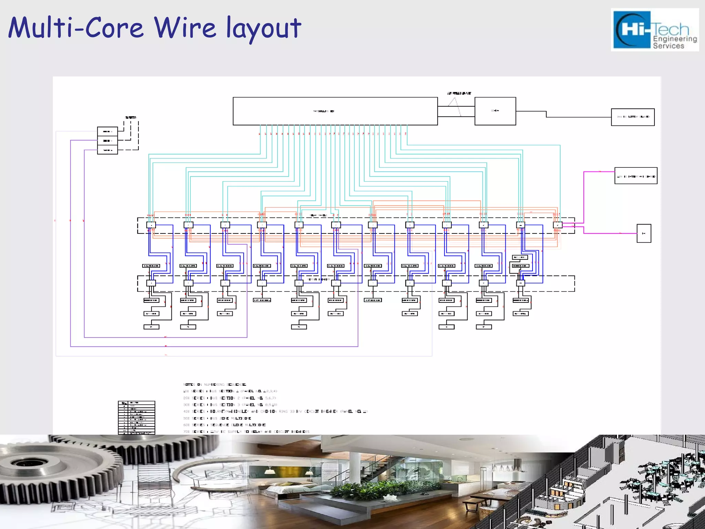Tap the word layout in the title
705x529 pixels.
point(264,28)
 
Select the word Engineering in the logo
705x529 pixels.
point(675,39)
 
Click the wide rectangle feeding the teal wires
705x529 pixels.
point(335,111)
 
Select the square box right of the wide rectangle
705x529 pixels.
point(495,111)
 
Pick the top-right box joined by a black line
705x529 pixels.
point(633,117)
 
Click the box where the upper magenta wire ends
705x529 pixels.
point(636,176)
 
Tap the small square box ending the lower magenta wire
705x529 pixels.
point(644,233)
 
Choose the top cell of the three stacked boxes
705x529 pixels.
point(107,132)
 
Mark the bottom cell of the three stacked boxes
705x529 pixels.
point(107,150)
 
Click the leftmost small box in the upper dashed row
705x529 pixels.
point(151,225)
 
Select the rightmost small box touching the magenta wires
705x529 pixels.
point(557,225)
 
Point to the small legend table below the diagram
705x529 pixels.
point(136,417)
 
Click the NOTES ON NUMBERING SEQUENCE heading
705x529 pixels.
point(214,384)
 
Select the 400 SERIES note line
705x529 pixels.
point(275,411)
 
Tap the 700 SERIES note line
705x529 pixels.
point(246,432)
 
